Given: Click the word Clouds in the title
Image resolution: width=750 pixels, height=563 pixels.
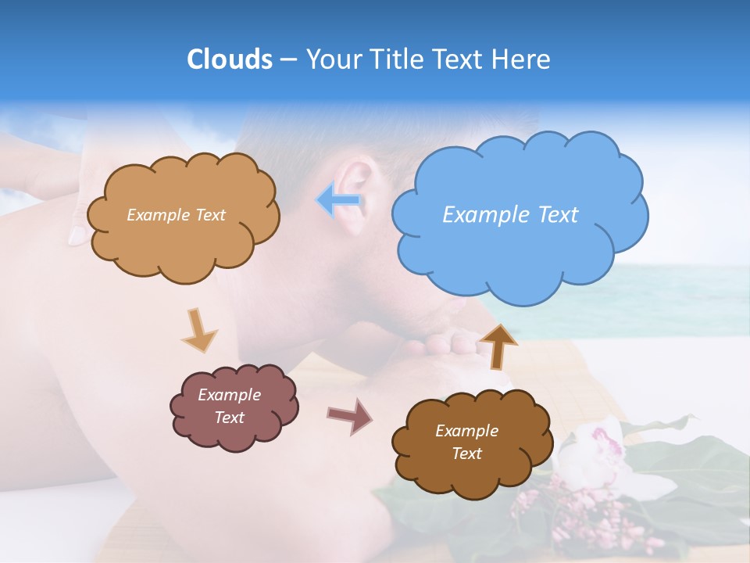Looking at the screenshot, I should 229,59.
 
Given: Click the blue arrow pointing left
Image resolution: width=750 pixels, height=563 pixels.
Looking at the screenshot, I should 339,201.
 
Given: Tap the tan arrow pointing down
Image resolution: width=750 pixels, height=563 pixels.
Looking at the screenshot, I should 198,329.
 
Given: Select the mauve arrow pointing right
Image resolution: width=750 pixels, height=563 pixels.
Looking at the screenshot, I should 350,414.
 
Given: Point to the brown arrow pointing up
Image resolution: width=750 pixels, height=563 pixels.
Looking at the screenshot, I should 498,345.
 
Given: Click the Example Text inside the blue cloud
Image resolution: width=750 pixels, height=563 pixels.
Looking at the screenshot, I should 510,215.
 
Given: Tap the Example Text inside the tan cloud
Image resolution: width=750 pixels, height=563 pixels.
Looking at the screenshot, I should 176,215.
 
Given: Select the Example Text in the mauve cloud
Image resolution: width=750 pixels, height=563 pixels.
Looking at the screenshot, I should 230,407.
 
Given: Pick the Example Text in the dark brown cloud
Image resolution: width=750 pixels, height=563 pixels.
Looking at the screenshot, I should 466,442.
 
